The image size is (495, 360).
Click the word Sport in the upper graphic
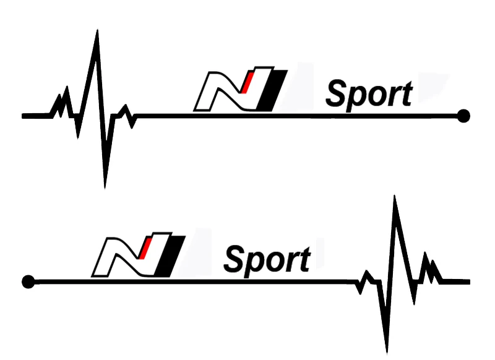click(x=369, y=95)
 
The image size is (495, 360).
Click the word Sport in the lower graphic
click(x=267, y=260)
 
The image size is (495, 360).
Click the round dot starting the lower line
click(x=27, y=282)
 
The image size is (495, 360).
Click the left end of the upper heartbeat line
click(x=24, y=116)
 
